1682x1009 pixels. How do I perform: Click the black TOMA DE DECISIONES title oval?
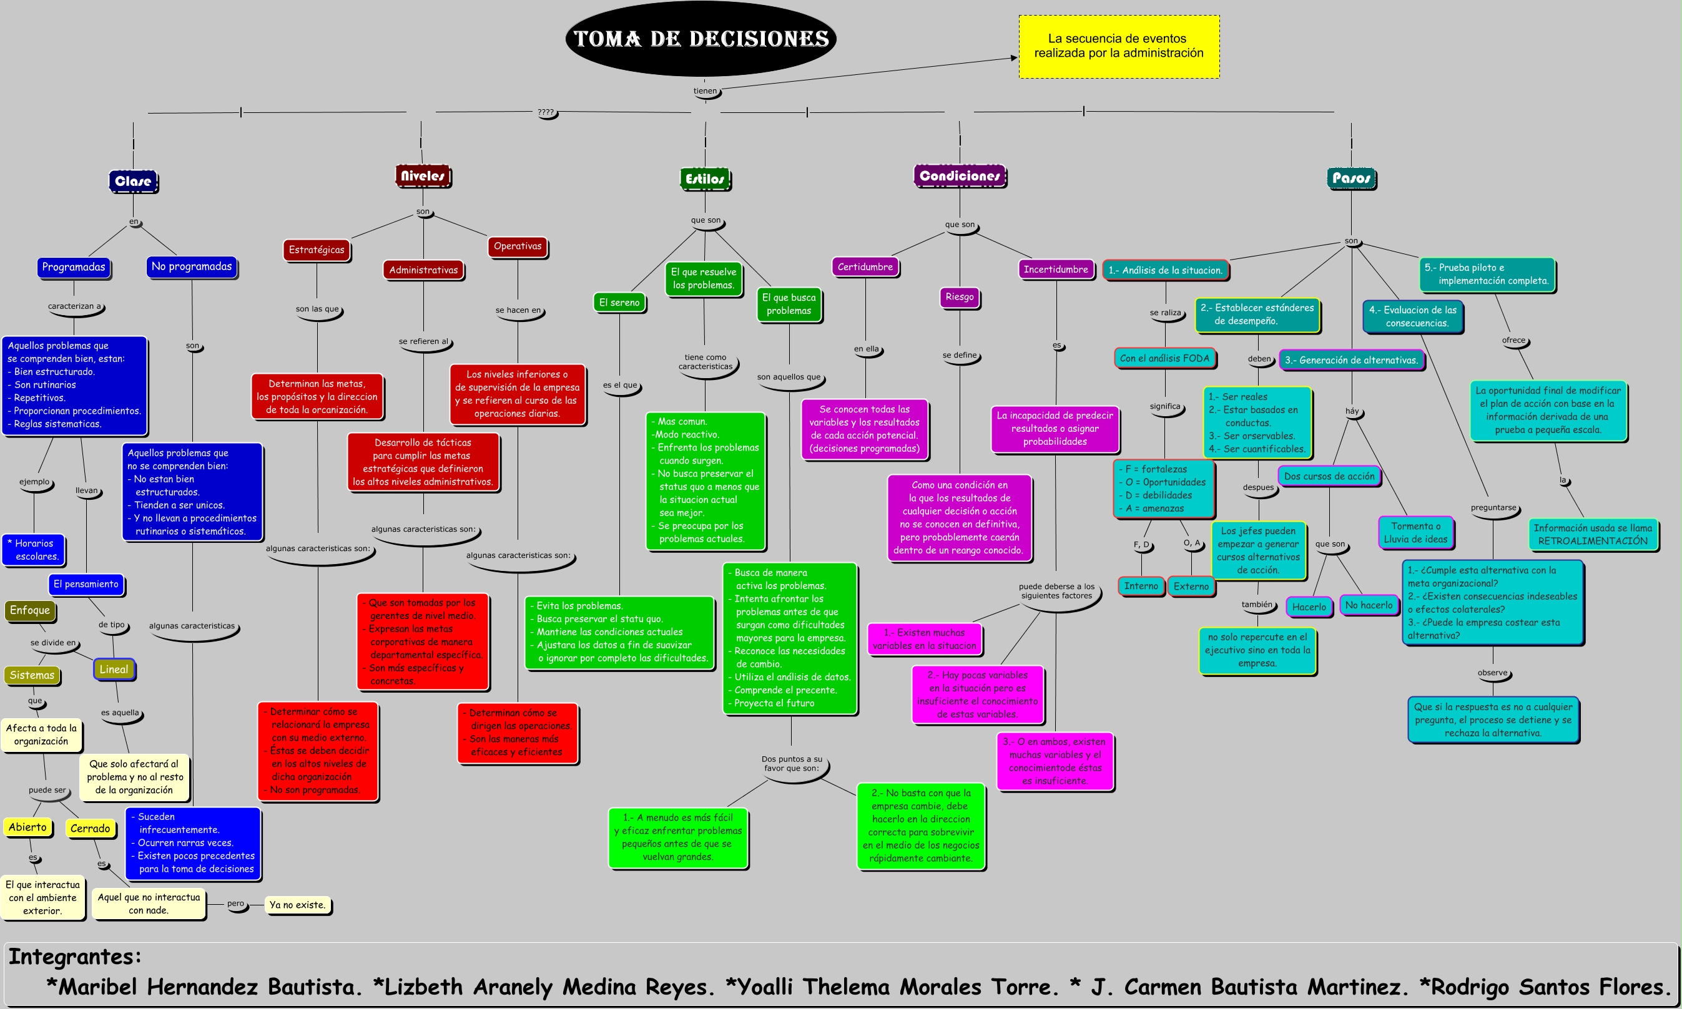coord(701,39)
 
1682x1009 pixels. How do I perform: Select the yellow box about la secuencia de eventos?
coord(1118,46)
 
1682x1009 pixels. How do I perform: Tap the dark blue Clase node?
coord(134,181)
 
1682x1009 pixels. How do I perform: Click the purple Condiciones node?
coord(959,176)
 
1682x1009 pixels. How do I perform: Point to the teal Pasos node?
coord(1350,178)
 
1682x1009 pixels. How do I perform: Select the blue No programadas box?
coord(192,266)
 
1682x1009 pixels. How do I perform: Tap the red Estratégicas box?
coord(317,250)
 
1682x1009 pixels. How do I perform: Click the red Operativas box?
coord(518,246)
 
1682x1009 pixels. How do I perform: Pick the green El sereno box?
coord(619,303)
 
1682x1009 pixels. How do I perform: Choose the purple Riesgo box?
coord(959,297)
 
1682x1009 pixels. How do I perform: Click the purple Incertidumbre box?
coord(1056,269)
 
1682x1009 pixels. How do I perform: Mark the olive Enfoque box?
coord(30,610)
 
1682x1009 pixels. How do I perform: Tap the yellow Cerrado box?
coord(90,828)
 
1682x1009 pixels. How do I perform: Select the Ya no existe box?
coord(297,905)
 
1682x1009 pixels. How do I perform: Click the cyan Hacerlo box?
coord(1309,607)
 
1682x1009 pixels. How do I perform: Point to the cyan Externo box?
coord(1191,586)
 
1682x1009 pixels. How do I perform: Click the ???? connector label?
coord(546,112)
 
